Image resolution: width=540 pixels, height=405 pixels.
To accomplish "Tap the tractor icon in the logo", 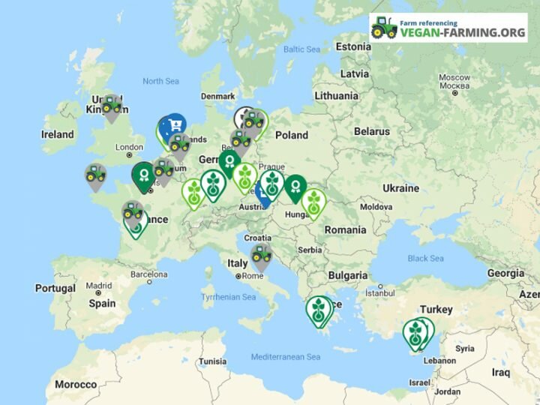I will tap(384, 28).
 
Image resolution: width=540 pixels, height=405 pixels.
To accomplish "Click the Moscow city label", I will tap(454, 77).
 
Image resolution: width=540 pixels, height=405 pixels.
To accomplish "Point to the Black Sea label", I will tap(425, 258).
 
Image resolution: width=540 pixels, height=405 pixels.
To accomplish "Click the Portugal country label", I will tap(55, 289).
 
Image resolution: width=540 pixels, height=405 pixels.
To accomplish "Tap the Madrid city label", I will tap(98, 286).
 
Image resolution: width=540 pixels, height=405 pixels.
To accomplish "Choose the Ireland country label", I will tap(58, 134).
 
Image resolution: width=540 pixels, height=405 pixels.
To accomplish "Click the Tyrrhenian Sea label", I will tap(229, 298).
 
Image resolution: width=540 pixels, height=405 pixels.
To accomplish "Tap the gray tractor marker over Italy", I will tap(261, 255).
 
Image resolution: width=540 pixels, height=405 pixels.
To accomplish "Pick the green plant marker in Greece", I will tap(319, 308).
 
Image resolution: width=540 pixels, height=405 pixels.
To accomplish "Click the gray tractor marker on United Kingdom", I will tap(112, 106).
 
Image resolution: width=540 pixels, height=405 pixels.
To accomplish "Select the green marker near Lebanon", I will tap(416, 331).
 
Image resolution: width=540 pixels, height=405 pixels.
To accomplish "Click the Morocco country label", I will tap(76, 385).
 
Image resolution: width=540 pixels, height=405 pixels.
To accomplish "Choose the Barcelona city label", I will tap(148, 274).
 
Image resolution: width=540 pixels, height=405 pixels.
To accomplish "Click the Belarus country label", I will tap(372, 131).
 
